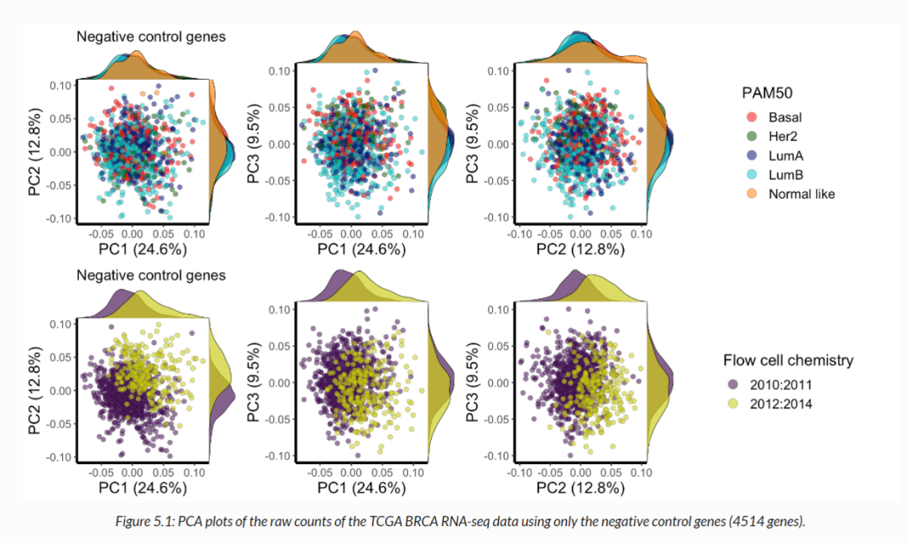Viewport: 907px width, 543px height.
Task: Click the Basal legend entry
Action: (x=784, y=117)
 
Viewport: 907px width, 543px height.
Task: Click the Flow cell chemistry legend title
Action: (x=788, y=360)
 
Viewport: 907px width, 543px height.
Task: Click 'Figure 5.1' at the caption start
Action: (x=140, y=522)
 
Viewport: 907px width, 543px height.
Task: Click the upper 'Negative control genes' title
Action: (x=151, y=37)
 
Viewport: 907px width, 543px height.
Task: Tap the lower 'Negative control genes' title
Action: (x=151, y=275)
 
